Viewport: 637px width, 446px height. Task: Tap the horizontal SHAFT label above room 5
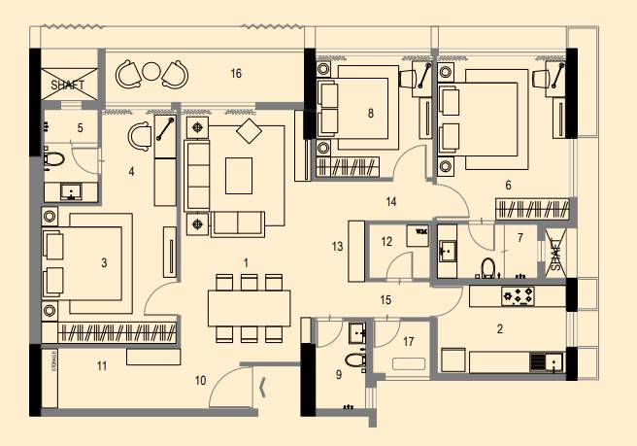[x=67, y=85]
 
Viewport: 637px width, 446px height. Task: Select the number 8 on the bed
[x=370, y=113]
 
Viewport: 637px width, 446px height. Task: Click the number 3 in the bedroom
[x=104, y=262]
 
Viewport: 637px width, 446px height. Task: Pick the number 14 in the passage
[x=391, y=202]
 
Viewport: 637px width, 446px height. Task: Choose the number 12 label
[x=386, y=240]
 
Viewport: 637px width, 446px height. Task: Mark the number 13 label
[x=337, y=248]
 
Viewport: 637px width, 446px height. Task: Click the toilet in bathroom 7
[x=488, y=265]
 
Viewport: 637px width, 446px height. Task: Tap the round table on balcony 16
[x=151, y=71]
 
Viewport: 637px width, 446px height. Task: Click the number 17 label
[x=408, y=341]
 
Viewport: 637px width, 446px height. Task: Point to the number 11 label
[x=100, y=365]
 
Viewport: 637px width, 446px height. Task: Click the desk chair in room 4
[x=139, y=136]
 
